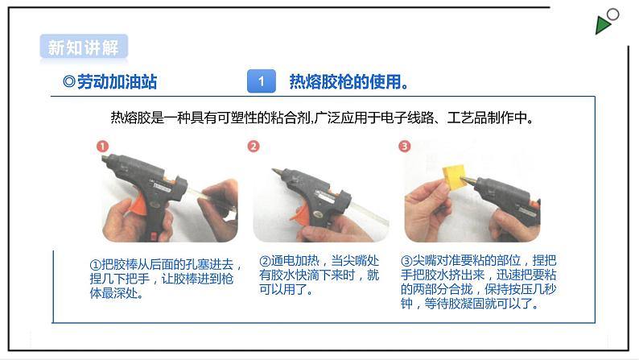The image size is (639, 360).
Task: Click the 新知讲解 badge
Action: (84, 48)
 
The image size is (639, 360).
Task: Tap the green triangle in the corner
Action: (602, 25)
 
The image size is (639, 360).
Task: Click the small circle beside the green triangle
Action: (612, 14)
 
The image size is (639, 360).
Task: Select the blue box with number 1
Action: (262, 81)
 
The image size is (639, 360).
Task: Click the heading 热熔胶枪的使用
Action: (348, 81)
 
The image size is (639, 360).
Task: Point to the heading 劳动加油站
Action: (109, 81)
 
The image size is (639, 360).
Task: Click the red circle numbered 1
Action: (102, 146)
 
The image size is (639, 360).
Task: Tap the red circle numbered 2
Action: (254, 146)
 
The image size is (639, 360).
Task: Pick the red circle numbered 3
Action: (405, 146)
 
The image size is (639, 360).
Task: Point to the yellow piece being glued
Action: (456, 176)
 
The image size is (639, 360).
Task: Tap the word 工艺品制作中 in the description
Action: (487, 118)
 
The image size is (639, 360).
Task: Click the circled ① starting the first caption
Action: (95, 265)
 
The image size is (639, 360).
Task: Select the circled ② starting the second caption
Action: (265, 261)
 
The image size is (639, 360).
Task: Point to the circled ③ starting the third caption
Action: (406, 260)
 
